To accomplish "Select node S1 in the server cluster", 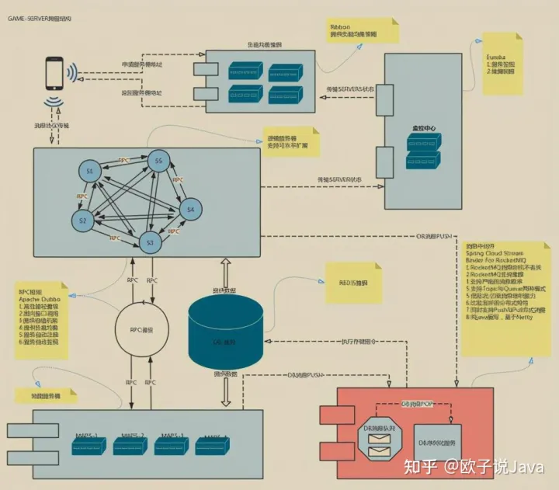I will coord(90,171).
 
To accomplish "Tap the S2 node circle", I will coord(82,221).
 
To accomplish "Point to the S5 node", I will coord(159,162).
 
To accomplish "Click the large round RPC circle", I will coord(141,330).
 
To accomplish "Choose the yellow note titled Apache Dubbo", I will coord(43,318).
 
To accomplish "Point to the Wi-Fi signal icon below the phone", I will coord(54,104).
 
